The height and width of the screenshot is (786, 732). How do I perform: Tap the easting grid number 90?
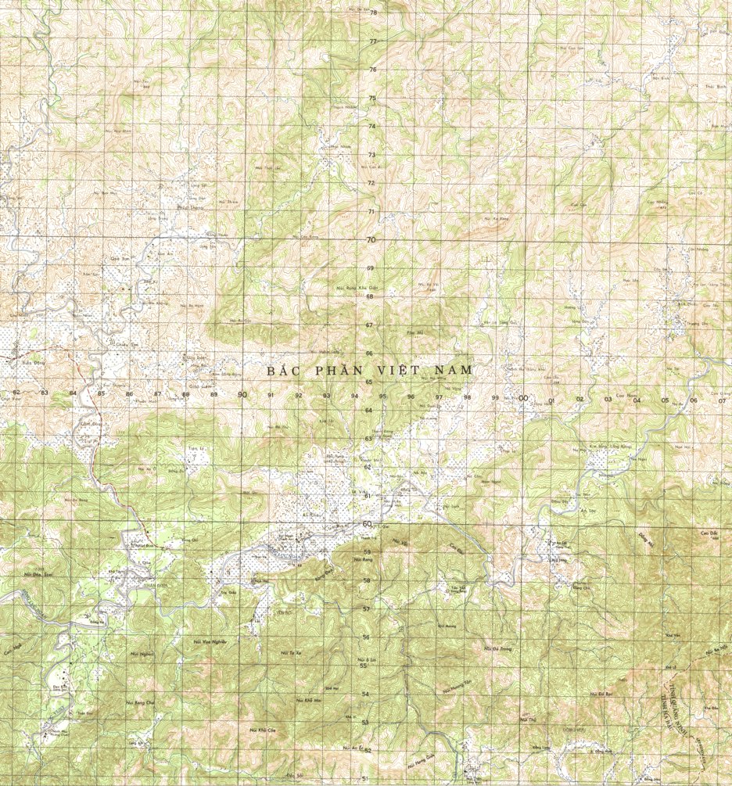click(242, 394)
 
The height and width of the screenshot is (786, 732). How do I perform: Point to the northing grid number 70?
click(371, 240)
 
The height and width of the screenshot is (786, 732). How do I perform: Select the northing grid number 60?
click(368, 524)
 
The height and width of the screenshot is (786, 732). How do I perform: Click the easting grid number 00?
click(523, 398)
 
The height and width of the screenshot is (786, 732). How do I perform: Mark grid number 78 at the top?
click(373, 13)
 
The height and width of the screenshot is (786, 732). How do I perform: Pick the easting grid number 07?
click(721, 400)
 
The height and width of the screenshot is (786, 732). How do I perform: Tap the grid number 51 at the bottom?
click(365, 779)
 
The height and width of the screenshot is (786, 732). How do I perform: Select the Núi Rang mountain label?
click(363, 559)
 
